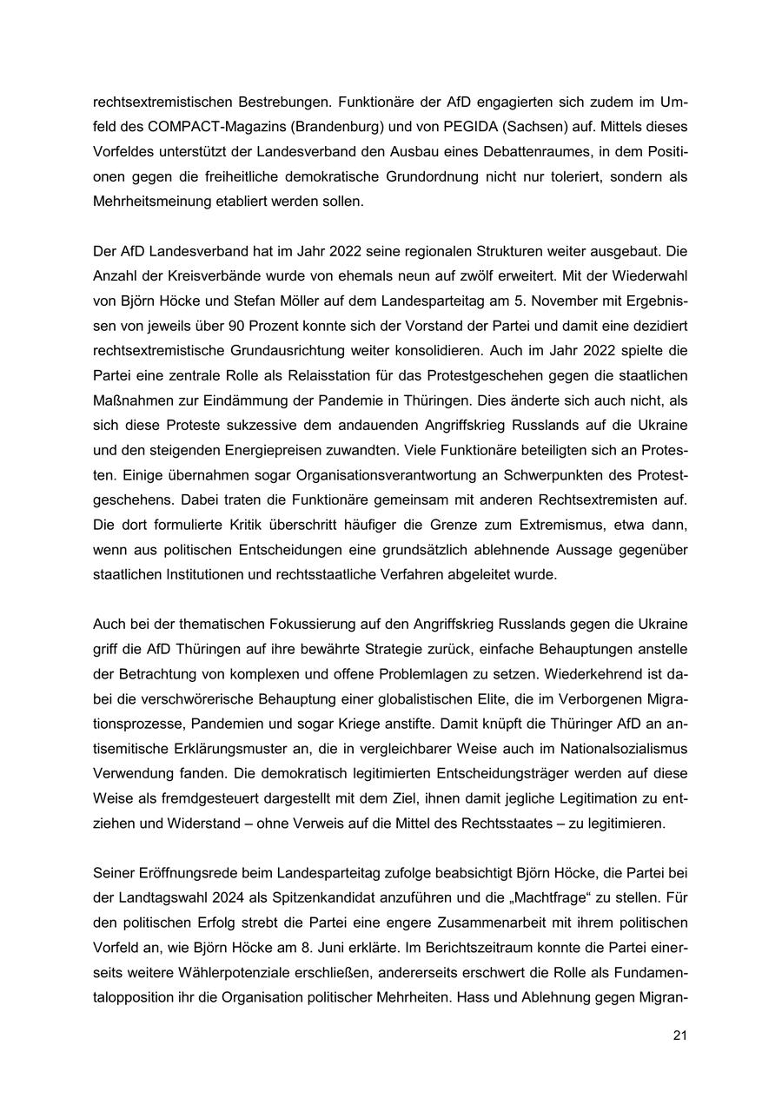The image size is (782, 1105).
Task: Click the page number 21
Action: coord(679,1036)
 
